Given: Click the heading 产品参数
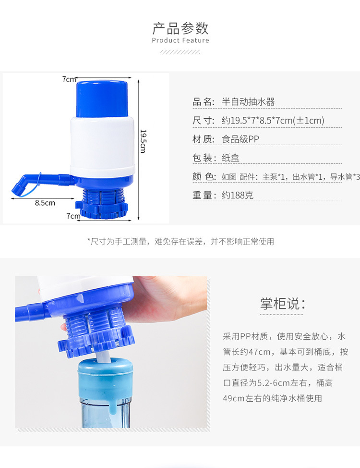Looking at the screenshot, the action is coord(180,28).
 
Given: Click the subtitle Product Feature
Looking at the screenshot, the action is coord(180,40).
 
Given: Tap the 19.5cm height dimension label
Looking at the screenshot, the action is coord(143,141).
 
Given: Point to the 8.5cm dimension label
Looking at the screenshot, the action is coord(45,203).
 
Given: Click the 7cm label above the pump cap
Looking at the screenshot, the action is coord(69,79).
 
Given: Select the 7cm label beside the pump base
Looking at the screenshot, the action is coord(73,215).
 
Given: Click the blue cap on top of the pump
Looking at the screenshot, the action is coord(102,99).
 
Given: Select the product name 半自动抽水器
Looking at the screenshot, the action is coord(248,102).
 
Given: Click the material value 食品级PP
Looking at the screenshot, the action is coord(240,139).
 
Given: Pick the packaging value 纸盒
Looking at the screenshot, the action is coord(230,158).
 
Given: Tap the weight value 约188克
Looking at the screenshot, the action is coord(238,195).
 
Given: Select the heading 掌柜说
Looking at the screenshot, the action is coord(282,304).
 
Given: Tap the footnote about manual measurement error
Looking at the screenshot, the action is coord(181,242).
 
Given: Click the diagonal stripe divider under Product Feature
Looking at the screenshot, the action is coord(180,52).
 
